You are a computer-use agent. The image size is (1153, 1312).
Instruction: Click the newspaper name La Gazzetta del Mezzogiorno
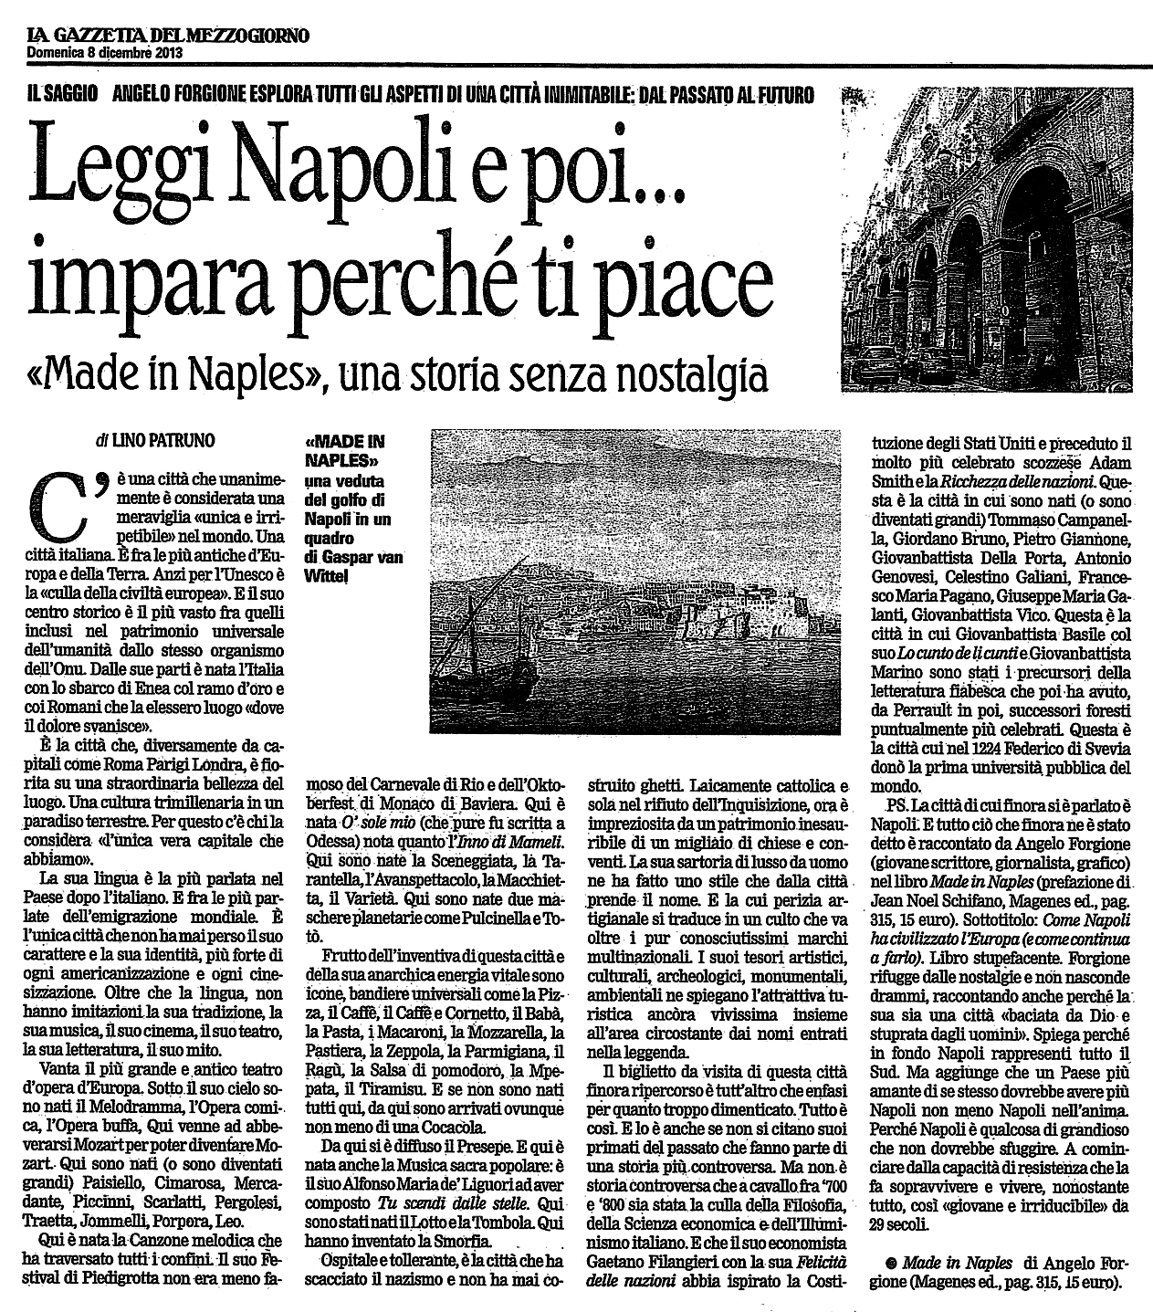167,36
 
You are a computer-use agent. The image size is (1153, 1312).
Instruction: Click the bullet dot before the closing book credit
890,1264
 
